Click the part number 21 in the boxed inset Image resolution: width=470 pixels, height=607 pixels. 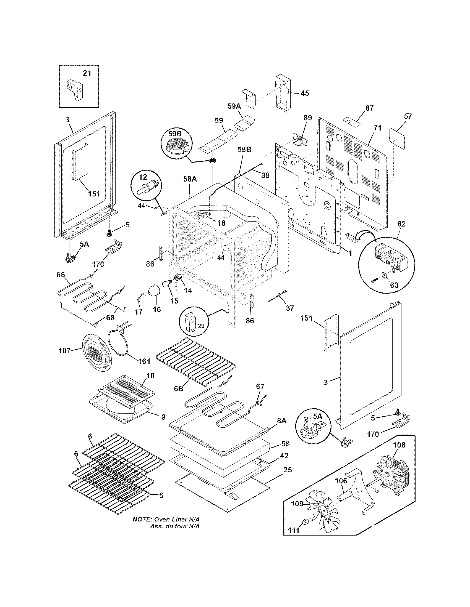(87, 73)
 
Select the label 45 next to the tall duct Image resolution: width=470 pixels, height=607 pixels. (305, 93)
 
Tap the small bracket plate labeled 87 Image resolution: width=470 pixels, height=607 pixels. (352, 121)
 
